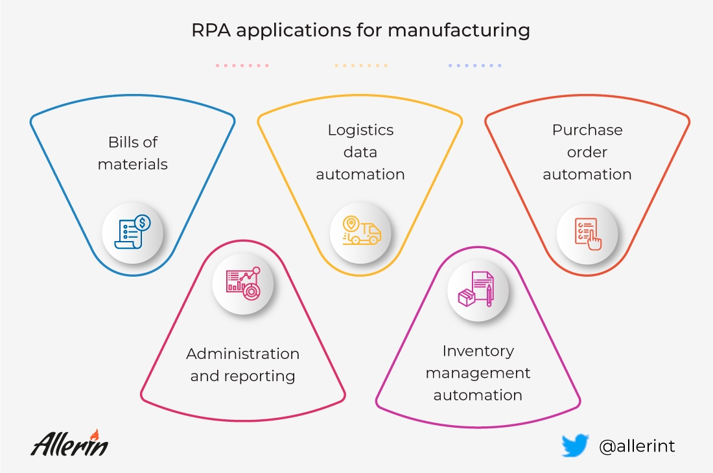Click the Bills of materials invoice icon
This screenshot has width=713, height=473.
click(x=132, y=232)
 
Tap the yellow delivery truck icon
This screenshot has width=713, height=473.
click(x=362, y=231)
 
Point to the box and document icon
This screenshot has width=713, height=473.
click(x=476, y=290)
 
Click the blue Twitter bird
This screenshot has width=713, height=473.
click(x=575, y=445)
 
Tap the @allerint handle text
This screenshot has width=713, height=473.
click(x=637, y=446)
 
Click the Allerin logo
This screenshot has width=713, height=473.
click(x=69, y=443)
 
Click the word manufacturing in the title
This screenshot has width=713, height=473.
click(x=459, y=30)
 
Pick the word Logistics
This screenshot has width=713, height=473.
click(x=360, y=130)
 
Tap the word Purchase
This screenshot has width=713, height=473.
click(x=587, y=130)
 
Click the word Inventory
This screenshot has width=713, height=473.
click(x=478, y=351)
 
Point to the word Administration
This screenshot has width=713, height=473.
click(x=243, y=354)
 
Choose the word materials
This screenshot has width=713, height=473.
click(x=133, y=164)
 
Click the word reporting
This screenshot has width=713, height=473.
click(x=260, y=376)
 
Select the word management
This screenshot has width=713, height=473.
click(x=478, y=373)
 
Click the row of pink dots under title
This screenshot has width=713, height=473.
click(x=242, y=65)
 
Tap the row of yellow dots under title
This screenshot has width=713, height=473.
click(x=361, y=65)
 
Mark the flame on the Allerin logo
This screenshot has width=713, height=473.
click(x=95, y=435)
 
